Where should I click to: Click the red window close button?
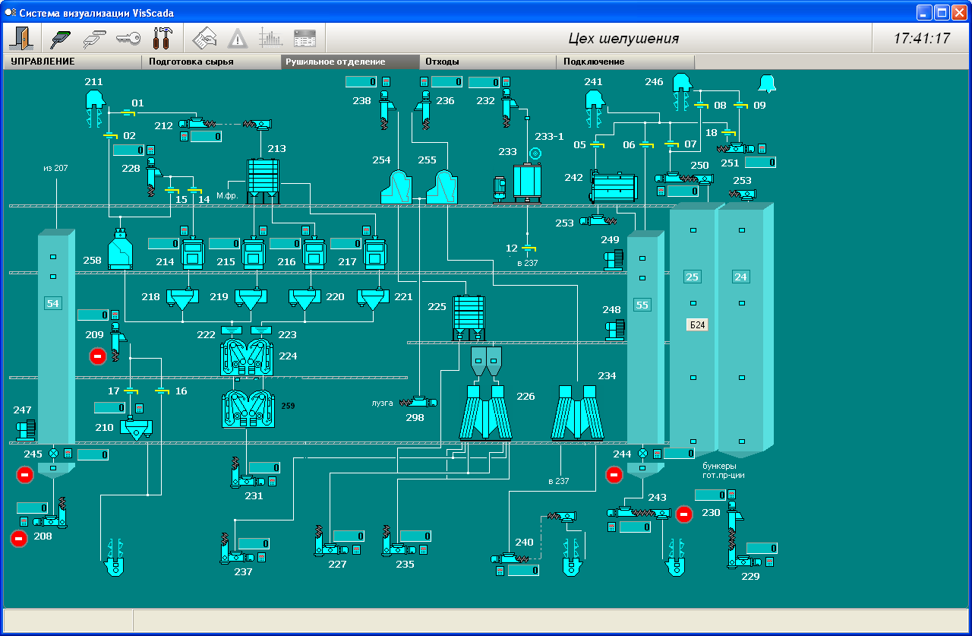(x=959, y=12)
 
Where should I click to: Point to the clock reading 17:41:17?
(x=921, y=39)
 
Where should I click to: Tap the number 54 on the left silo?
(x=52, y=303)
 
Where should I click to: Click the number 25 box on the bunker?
(x=692, y=277)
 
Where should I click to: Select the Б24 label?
(x=697, y=324)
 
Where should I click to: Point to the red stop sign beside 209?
(x=97, y=356)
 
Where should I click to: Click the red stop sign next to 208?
(x=19, y=539)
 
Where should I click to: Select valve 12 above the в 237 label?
(x=526, y=248)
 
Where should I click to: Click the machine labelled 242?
(x=614, y=186)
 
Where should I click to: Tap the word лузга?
(x=382, y=403)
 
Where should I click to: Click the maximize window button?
(x=942, y=12)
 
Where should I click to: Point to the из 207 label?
(x=55, y=168)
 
